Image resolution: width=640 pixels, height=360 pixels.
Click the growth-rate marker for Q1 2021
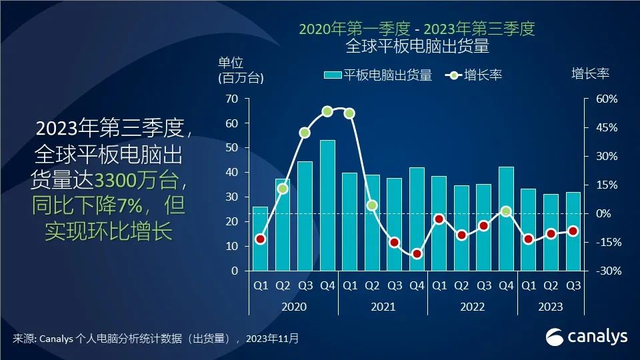(349, 113)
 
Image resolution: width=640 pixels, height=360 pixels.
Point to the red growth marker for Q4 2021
(417, 253)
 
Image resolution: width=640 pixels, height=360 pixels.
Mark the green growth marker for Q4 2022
(506, 211)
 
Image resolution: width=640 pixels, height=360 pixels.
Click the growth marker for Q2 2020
(283, 189)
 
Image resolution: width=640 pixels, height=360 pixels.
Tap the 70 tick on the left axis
(231, 99)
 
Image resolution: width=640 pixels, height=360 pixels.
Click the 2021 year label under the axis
(383, 307)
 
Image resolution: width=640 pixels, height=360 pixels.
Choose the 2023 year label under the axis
(550, 307)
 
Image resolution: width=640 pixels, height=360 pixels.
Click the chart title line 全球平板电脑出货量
(417, 46)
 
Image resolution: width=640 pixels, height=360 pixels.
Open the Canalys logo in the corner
(587, 337)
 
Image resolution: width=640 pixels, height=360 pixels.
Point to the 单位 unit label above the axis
(231, 63)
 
